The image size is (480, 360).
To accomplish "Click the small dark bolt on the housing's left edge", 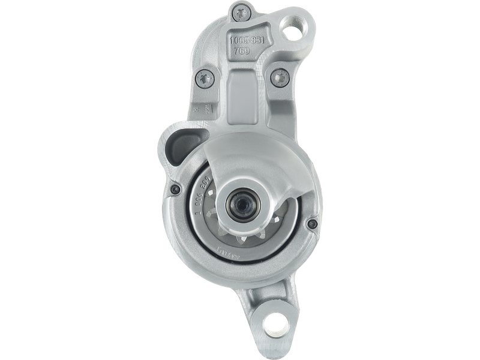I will click(x=175, y=189).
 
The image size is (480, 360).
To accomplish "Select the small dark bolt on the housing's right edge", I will click(x=310, y=224).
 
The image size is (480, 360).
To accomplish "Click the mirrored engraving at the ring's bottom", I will click(x=222, y=248).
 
